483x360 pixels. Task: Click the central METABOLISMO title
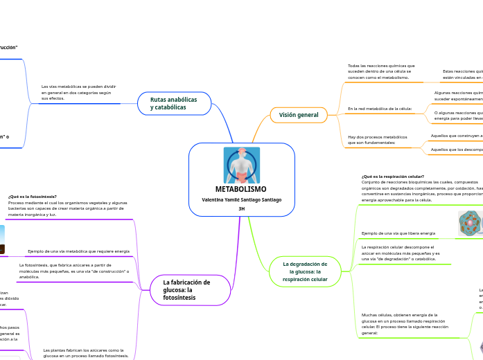pos(241,189)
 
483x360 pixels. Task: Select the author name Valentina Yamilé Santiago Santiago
pos(241,199)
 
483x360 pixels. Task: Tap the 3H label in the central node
pos(241,208)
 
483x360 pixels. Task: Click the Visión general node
pos(299,115)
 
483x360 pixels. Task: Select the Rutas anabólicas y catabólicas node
pos(174,103)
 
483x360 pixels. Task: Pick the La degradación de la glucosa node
pos(305,271)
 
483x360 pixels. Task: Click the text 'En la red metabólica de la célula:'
pos(380,109)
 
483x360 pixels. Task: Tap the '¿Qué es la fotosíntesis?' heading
pos(33,197)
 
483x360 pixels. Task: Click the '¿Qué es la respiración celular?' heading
pos(393,177)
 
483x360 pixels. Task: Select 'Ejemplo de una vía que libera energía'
pos(398,233)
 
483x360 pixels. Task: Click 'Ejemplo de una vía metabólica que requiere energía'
pos(78,251)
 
